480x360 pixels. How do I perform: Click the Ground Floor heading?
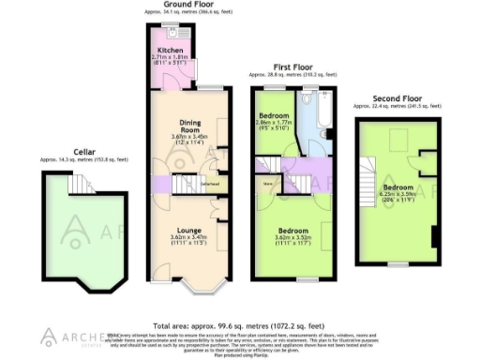(x=186, y=5)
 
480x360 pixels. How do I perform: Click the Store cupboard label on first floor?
(x=267, y=186)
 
